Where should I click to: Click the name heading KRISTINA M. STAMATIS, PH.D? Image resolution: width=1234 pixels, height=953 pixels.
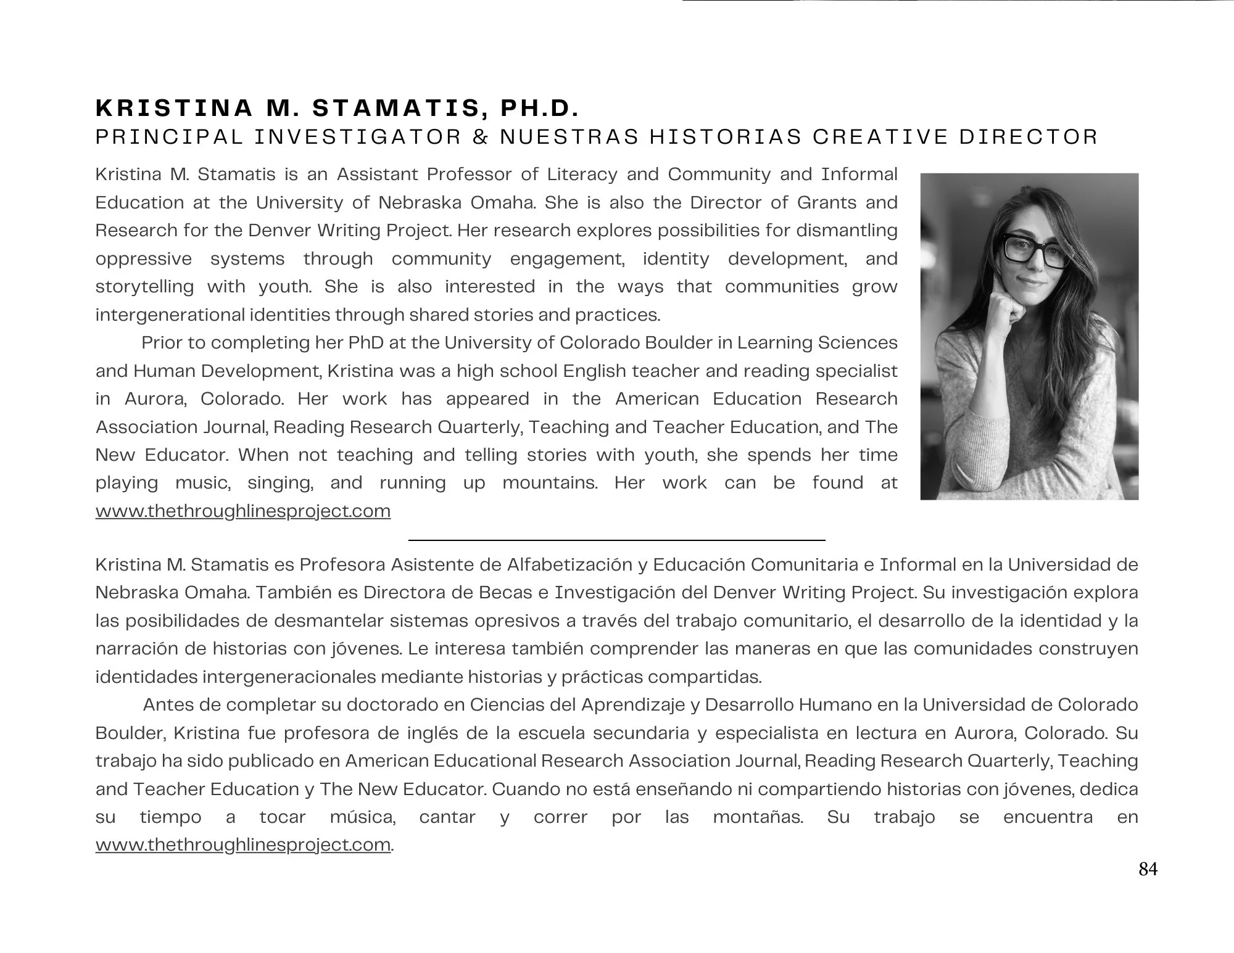pos(337,109)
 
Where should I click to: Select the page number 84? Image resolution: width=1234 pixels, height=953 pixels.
pos(1148,869)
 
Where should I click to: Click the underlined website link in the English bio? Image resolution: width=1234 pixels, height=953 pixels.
pos(243,511)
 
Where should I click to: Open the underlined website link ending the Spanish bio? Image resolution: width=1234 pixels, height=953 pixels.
pos(243,844)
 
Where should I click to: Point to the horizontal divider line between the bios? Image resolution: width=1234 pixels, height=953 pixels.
pos(617,540)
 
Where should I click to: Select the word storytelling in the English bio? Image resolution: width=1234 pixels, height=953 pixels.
pos(144,287)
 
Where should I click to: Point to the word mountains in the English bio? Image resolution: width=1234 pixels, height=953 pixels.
pos(550,483)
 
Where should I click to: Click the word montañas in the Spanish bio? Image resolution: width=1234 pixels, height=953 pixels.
pos(758,817)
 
